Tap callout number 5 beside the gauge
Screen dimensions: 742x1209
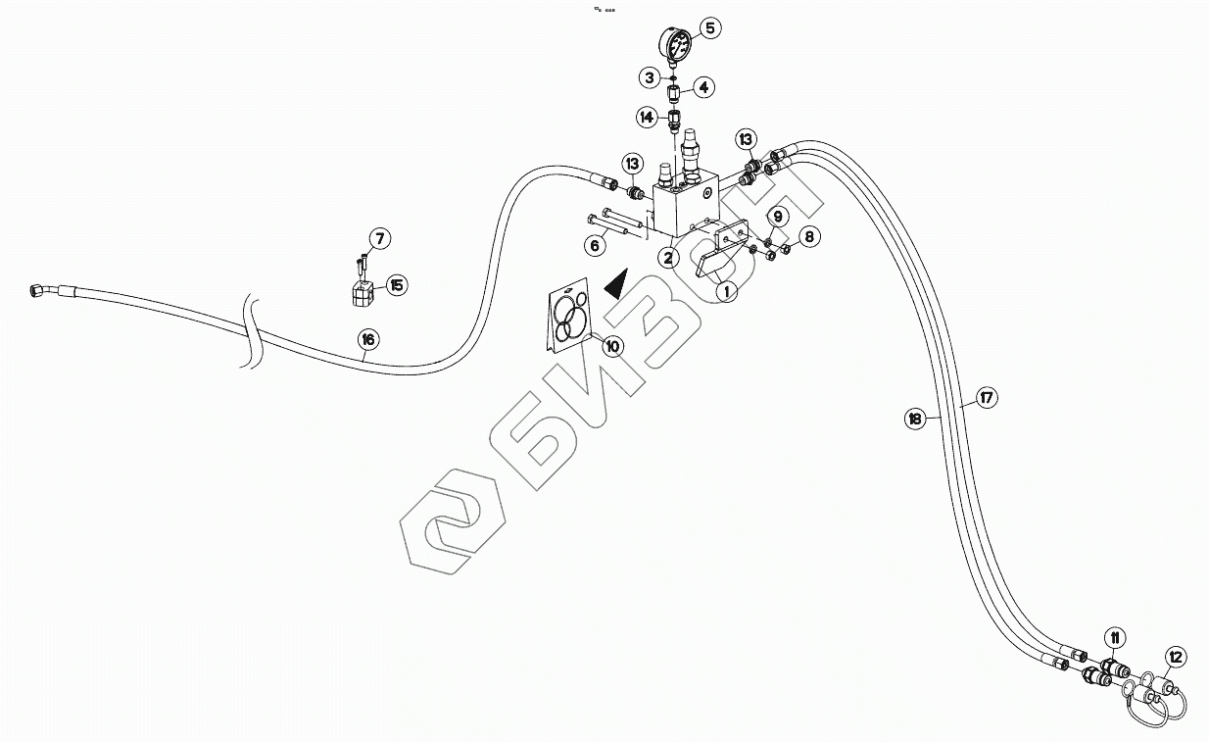(x=710, y=27)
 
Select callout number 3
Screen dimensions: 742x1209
(x=649, y=76)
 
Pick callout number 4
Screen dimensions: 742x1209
(x=703, y=87)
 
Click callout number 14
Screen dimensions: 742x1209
(x=647, y=118)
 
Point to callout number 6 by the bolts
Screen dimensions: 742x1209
(x=594, y=246)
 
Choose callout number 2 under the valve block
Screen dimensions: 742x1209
(x=667, y=258)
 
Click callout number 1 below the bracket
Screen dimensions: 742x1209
(x=725, y=290)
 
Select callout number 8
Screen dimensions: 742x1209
(x=808, y=236)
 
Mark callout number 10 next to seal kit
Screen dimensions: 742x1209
(x=612, y=346)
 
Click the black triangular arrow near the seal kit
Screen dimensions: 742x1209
(x=615, y=285)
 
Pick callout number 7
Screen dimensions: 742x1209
(x=379, y=238)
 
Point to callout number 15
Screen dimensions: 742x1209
(x=396, y=285)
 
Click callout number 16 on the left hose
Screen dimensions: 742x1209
(x=366, y=340)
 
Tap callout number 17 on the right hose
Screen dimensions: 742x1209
(x=986, y=398)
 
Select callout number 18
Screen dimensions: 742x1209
(x=914, y=419)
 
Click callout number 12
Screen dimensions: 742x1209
(x=1176, y=657)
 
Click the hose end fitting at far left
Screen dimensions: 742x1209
(x=36, y=289)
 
